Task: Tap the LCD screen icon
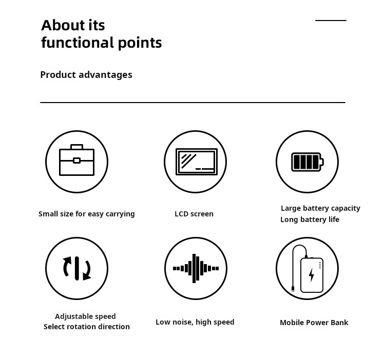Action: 196,162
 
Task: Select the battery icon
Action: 307,162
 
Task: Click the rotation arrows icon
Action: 76,268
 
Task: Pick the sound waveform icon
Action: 195,268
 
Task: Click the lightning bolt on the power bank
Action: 312,275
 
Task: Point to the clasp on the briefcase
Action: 76,161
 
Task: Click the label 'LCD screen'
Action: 194,214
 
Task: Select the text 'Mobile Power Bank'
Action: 314,323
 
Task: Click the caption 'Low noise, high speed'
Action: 195,322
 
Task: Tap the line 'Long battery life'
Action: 310,219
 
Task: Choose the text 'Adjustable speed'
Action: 85,316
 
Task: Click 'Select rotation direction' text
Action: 87,327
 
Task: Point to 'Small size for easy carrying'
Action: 87,214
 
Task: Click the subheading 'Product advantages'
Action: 86,75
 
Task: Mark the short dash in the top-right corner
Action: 331,21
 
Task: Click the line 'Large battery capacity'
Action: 320,208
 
